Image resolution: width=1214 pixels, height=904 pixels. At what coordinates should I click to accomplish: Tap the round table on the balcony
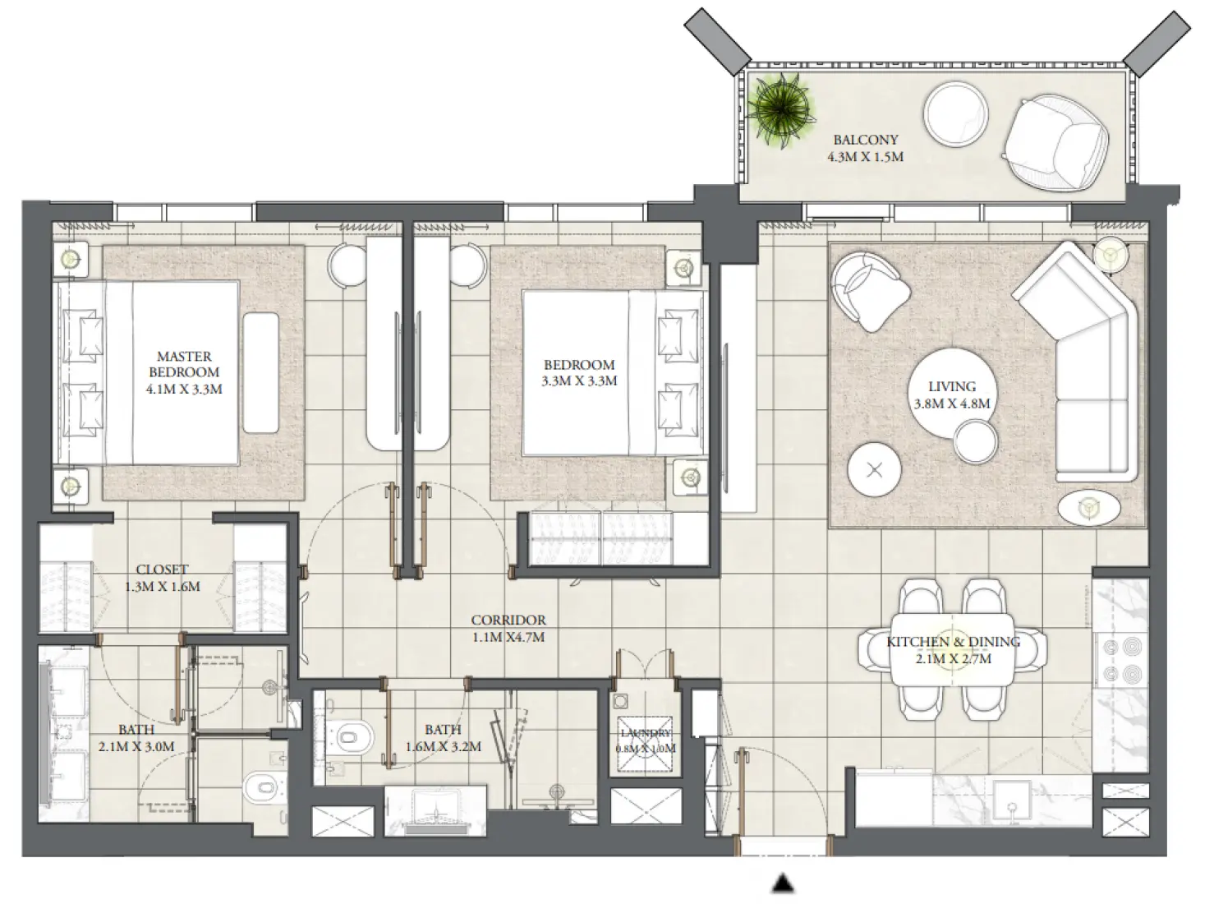957,115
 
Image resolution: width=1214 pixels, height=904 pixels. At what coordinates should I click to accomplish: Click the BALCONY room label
866,140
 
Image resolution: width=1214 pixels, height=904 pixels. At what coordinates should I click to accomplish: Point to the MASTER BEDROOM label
184,364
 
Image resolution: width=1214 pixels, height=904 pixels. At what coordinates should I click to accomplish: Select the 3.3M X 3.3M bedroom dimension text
579,381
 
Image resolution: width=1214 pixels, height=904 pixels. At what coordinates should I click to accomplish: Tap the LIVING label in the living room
952,386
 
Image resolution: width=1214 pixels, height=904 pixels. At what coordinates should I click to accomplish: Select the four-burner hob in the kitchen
1122,660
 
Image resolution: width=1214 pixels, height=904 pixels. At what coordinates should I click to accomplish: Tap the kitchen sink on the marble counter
1016,800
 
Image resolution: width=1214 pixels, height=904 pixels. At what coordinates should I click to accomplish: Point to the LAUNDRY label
646,733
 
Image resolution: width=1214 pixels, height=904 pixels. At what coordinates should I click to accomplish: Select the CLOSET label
162,570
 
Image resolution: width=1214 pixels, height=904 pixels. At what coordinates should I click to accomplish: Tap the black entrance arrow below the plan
784,883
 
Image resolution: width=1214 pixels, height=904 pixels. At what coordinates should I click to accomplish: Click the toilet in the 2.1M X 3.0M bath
262,789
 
